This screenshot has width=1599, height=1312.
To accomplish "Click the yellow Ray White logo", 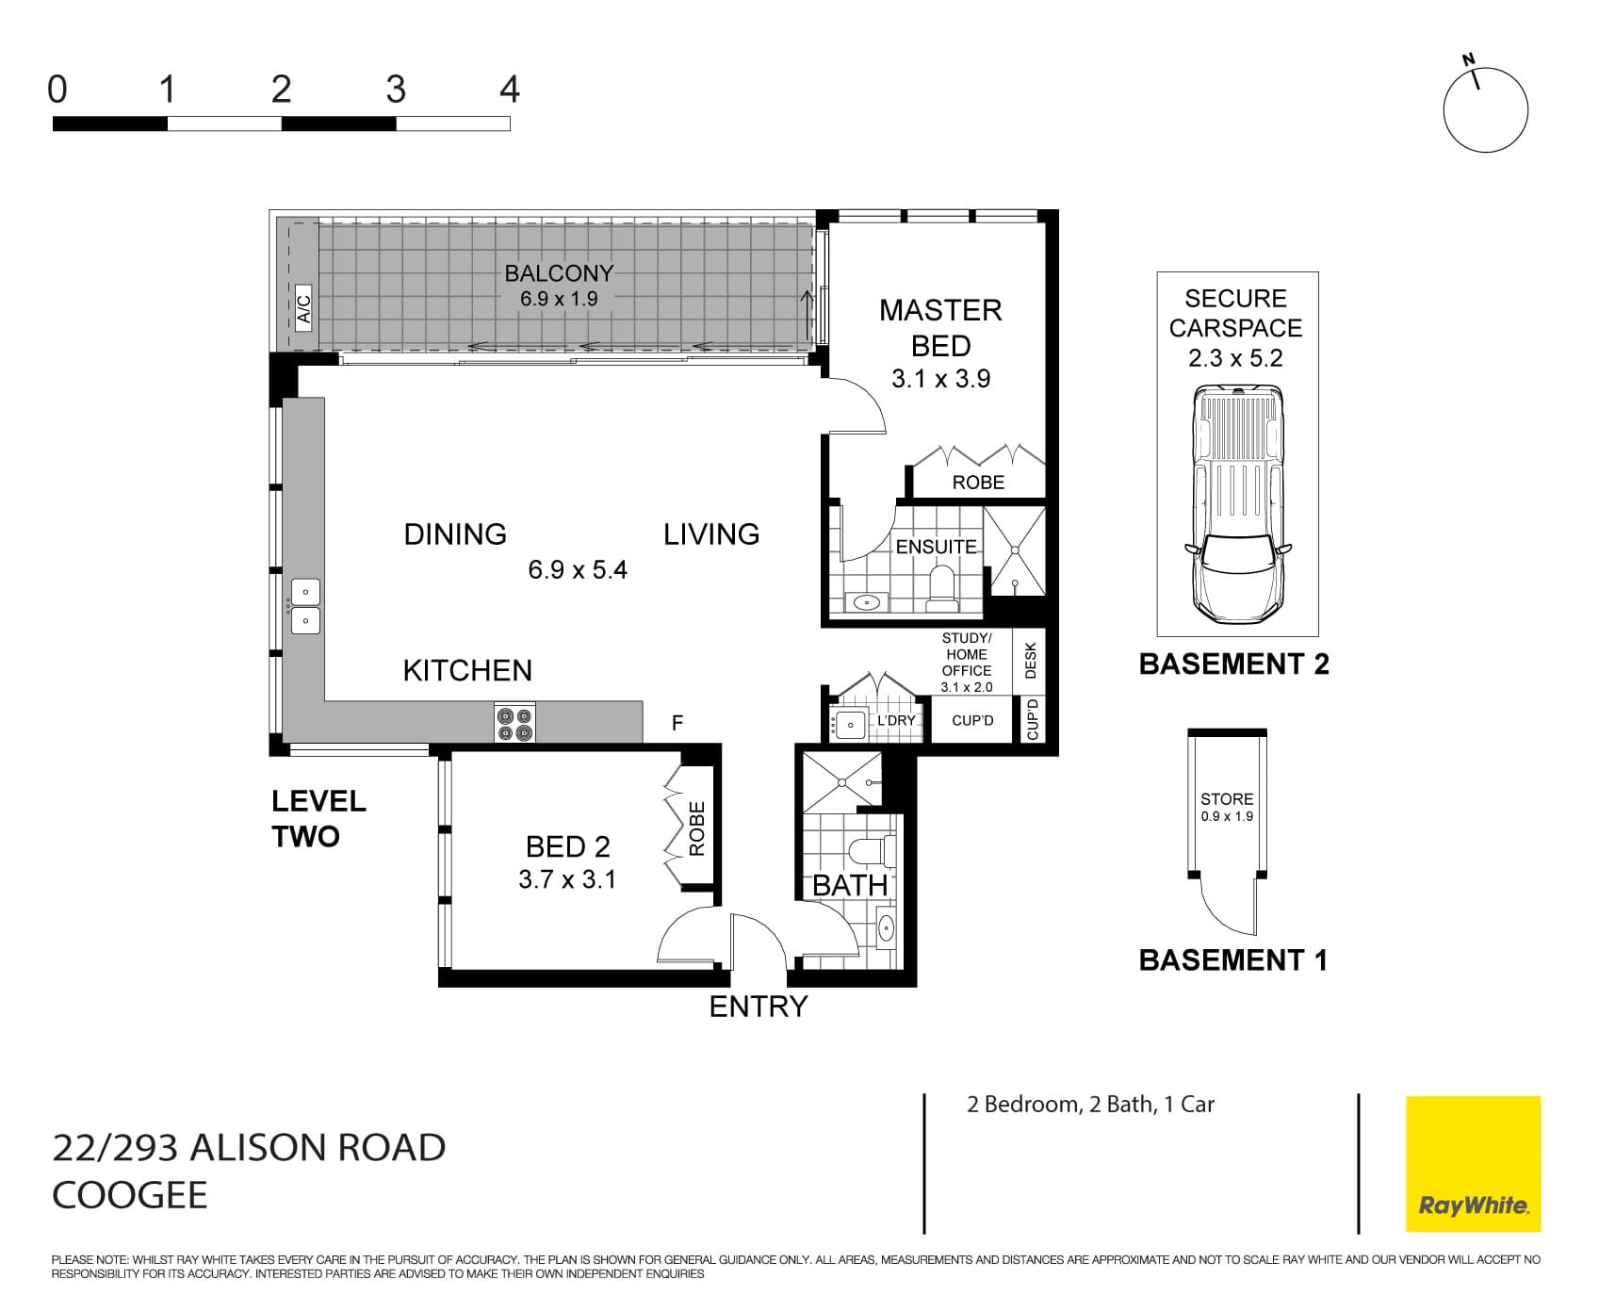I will (1473, 1163).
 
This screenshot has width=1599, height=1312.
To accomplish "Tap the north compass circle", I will (1485, 110).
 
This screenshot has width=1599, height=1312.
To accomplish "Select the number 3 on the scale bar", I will (396, 90).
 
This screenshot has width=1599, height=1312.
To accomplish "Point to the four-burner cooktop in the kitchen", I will (515, 723).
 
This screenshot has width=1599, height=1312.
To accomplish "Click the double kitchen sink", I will (305, 606).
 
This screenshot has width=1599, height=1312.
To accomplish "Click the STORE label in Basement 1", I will (1227, 798).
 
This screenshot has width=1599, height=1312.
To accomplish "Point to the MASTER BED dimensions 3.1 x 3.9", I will (940, 379).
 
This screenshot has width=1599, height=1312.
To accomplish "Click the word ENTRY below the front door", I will (759, 1007).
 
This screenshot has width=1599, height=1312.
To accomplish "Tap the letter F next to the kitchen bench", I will (677, 723).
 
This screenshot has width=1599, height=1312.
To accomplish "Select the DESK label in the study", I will (1030, 660).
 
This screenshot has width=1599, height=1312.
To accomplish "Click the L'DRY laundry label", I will (896, 720).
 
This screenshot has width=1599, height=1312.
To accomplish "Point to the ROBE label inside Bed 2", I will (697, 828).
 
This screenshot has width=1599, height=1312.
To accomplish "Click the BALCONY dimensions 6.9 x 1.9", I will (559, 299).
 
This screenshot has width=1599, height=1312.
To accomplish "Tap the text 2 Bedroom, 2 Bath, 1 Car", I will (1090, 1104).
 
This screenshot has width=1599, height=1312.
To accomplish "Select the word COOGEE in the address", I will (130, 1195).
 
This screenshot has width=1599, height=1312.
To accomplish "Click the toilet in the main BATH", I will (871, 850).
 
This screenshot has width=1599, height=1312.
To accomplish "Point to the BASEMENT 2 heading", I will (1233, 664).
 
